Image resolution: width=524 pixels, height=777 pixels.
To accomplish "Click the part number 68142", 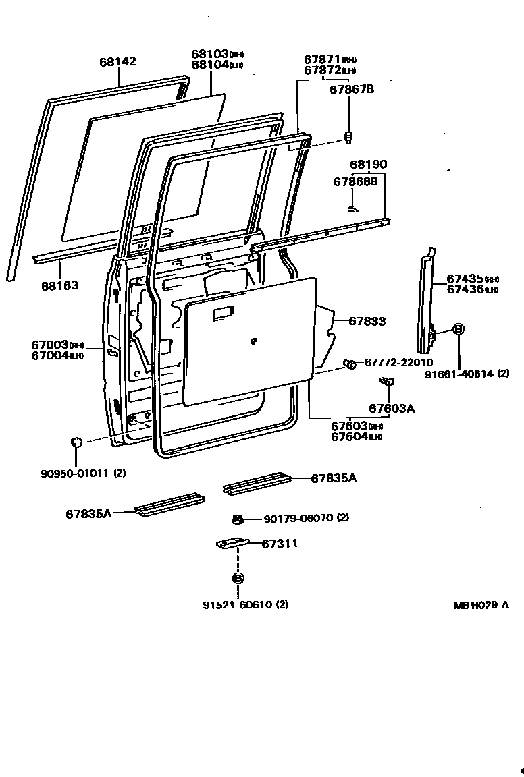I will coord(117,62).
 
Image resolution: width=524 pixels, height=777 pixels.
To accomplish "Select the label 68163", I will coord(60,285).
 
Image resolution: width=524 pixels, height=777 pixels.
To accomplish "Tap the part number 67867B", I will coord(352,89).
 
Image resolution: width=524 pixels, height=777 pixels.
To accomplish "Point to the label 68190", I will coord(368,165).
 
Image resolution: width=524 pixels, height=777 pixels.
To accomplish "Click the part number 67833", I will coord(367,322).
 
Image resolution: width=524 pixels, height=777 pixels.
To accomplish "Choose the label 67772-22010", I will coord(399,363).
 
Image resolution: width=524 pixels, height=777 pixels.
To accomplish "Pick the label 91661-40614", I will coord(459,374).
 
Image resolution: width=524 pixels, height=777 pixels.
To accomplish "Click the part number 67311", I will coord(280,543).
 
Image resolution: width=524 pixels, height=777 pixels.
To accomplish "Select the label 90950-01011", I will coord(74,473).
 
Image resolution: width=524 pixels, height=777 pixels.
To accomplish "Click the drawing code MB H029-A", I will coord(481,605).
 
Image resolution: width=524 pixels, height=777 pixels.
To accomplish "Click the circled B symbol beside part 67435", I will coord(458,329).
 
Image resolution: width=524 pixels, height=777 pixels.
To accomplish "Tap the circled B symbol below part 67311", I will coord(238,578).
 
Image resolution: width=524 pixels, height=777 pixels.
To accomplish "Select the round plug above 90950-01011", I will coord(77,442).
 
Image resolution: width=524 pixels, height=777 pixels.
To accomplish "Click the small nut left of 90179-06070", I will coord(237,519).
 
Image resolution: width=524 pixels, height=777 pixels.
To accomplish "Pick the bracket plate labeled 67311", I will coord(234,543).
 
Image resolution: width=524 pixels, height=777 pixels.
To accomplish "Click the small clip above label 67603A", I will coord(387,382).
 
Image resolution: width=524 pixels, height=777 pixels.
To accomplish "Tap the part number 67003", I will coord(51,345).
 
